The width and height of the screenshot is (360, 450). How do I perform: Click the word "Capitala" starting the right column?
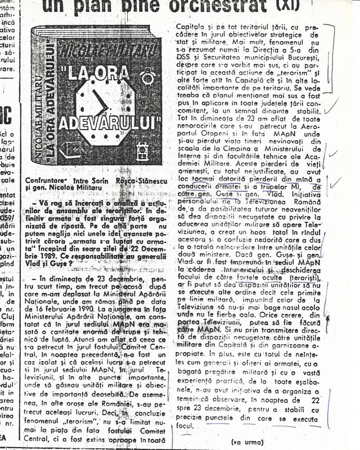[191, 26]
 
